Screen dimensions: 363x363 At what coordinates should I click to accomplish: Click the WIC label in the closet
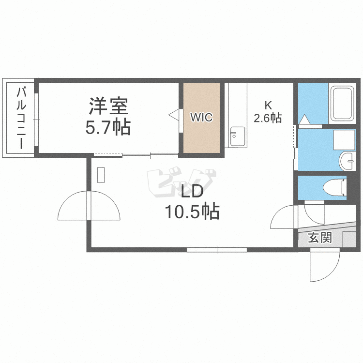(x=201, y=118)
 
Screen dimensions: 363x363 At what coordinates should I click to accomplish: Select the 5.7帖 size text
(x=107, y=128)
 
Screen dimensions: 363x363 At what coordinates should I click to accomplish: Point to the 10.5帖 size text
(x=192, y=212)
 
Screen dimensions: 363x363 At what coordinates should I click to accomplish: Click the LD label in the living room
(x=192, y=192)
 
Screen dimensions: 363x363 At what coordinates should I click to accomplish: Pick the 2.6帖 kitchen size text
(x=268, y=118)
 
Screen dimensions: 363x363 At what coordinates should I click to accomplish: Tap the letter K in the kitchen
(x=267, y=105)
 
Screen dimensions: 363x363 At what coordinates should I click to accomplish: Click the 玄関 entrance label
(x=320, y=238)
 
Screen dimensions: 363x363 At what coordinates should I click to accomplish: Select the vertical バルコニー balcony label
(x=22, y=118)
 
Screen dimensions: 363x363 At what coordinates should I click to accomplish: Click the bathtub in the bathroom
(x=342, y=105)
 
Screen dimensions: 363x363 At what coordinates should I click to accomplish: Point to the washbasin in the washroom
(x=347, y=161)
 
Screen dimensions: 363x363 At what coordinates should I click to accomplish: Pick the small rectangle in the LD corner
(x=101, y=175)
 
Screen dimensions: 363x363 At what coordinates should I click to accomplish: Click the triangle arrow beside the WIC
(x=174, y=115)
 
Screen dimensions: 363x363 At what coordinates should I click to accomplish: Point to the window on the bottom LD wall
(x=217, y=250)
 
